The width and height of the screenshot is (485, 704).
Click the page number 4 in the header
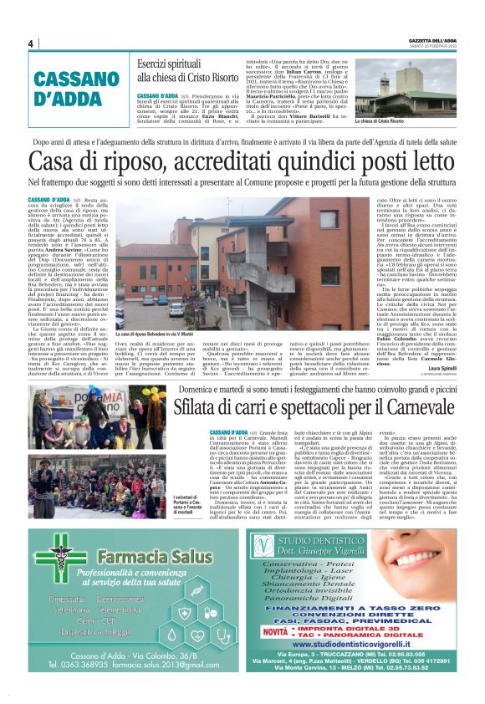coord(30,43)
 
